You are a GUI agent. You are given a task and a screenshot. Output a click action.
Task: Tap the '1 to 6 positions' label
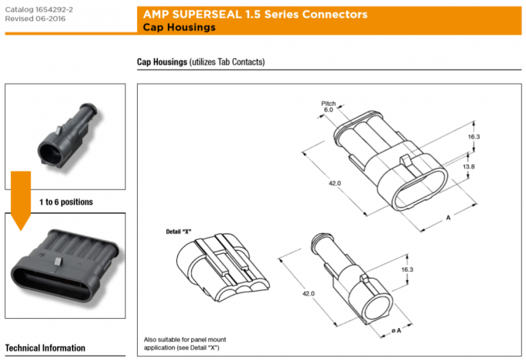(66, 202)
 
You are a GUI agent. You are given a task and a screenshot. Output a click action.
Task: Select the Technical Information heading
(45, 348)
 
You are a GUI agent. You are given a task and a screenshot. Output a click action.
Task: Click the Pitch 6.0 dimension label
(329, 107)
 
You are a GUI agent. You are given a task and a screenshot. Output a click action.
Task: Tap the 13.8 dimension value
(469, 166)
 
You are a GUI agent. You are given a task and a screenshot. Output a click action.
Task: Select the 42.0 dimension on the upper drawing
(335, 183)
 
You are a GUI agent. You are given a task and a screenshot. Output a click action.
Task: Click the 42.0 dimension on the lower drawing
(309, 293)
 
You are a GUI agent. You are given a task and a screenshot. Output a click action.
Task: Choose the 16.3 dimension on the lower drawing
(408, 269)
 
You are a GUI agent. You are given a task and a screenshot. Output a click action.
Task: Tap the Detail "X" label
(179, 231)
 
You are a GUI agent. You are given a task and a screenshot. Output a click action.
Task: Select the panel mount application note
(186, 344)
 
